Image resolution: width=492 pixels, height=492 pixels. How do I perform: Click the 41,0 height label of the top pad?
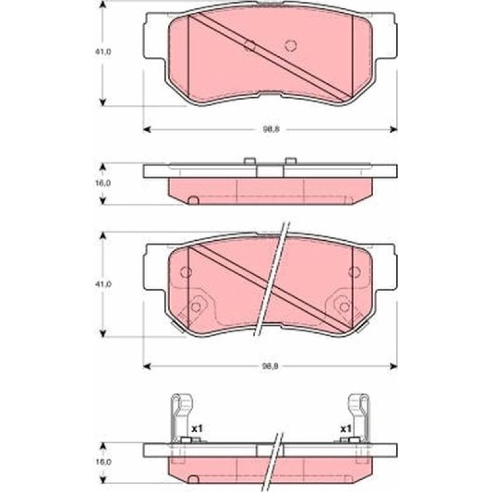coord(104,52)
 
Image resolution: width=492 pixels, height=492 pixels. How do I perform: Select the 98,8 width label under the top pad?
coord(271,129)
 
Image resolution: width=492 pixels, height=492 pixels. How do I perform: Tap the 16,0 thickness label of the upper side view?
coord(104,183)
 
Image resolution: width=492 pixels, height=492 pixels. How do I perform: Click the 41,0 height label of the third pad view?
coord(104,284)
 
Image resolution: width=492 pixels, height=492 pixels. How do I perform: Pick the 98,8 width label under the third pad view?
coord(270,366)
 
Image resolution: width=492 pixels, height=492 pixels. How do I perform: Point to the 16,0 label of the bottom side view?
coord(104,462)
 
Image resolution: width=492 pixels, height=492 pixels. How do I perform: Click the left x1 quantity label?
coord(197,428)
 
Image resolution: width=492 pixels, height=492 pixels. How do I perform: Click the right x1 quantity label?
coord(346,428)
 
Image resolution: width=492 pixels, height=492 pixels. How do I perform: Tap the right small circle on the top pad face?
coord(291,45)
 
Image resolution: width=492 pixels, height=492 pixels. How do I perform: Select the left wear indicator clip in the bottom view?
coord(181,418)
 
